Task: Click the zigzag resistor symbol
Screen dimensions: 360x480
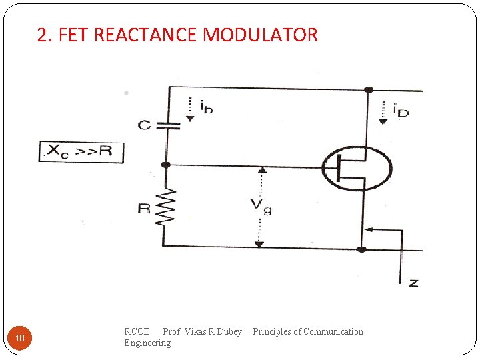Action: tap(166, 207)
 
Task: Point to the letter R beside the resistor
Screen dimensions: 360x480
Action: tap(144, 209)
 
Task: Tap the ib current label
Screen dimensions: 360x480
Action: tap(206, 106)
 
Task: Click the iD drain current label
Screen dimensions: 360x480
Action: tap(400, 109)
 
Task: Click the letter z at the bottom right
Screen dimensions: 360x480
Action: tap(413, 283)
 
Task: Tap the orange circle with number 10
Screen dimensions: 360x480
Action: tap(20, 339)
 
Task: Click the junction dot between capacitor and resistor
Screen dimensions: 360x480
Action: tap(166, 165)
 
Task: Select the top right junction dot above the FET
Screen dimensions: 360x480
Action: tap(368, 89)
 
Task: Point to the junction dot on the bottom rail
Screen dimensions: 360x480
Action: tap(361, 249)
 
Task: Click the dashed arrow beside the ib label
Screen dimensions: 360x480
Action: tap(190, 109)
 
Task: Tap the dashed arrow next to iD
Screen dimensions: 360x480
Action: tap(383, 111)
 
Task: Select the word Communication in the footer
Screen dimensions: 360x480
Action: tap(333, 331)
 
